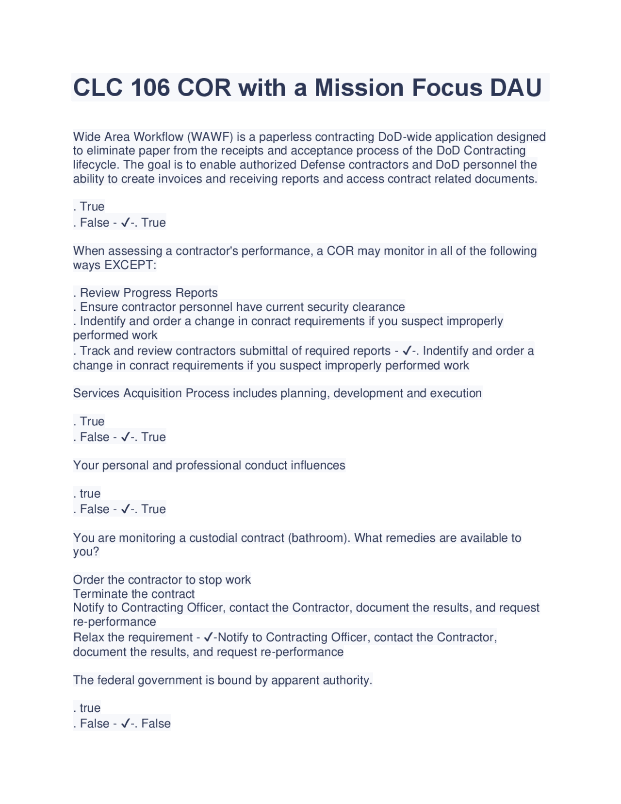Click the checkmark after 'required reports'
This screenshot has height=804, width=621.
click(x=408, y=351)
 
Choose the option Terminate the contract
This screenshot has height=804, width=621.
click(x=134, y=594)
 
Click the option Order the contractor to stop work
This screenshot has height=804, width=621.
click(x=162, y=580)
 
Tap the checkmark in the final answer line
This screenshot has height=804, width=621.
click(x=125, y=723)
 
